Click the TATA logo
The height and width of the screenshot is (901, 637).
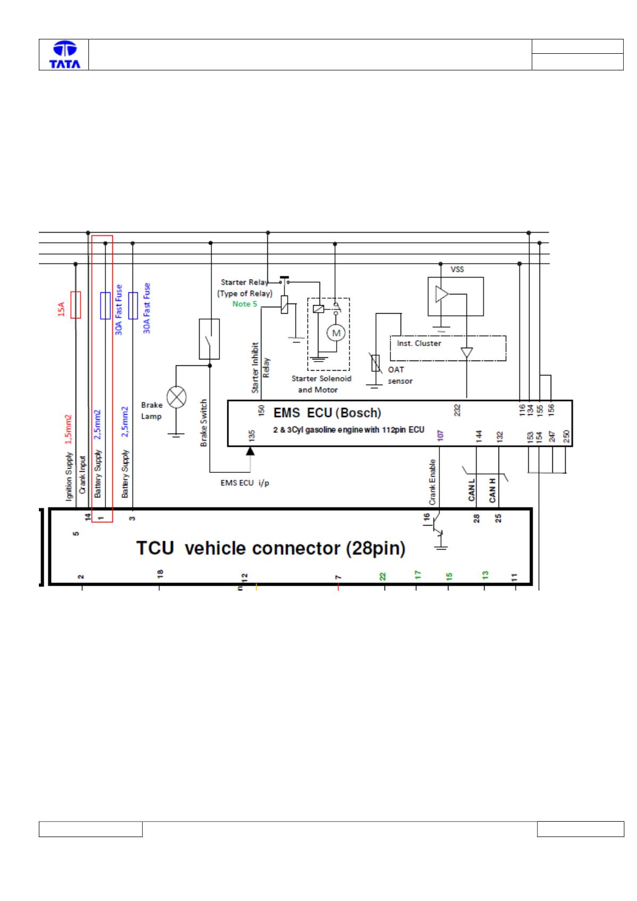64,54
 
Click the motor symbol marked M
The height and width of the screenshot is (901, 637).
336,333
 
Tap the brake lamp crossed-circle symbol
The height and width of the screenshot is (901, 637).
176,397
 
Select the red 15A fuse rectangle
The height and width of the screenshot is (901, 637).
76,305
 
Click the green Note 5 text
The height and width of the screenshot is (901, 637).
244,304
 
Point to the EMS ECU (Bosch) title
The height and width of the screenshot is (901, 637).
327,413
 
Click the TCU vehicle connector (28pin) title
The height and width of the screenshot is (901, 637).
271,548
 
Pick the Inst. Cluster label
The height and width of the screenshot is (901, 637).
419,343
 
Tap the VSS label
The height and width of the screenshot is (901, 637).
457,269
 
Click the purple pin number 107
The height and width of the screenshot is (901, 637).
440,435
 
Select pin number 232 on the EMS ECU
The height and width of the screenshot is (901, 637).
457,410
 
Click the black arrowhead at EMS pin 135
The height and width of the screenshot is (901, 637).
250,451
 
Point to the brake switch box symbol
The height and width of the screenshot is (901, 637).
209,339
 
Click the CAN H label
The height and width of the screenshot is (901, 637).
492,490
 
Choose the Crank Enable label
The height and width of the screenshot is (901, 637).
432,482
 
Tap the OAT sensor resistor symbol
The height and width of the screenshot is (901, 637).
375,363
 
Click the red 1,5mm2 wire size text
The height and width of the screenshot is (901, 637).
68,429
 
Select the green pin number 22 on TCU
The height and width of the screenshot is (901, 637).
382,576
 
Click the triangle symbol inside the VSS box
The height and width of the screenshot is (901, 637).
442,294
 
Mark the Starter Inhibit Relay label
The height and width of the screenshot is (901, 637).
260,367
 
